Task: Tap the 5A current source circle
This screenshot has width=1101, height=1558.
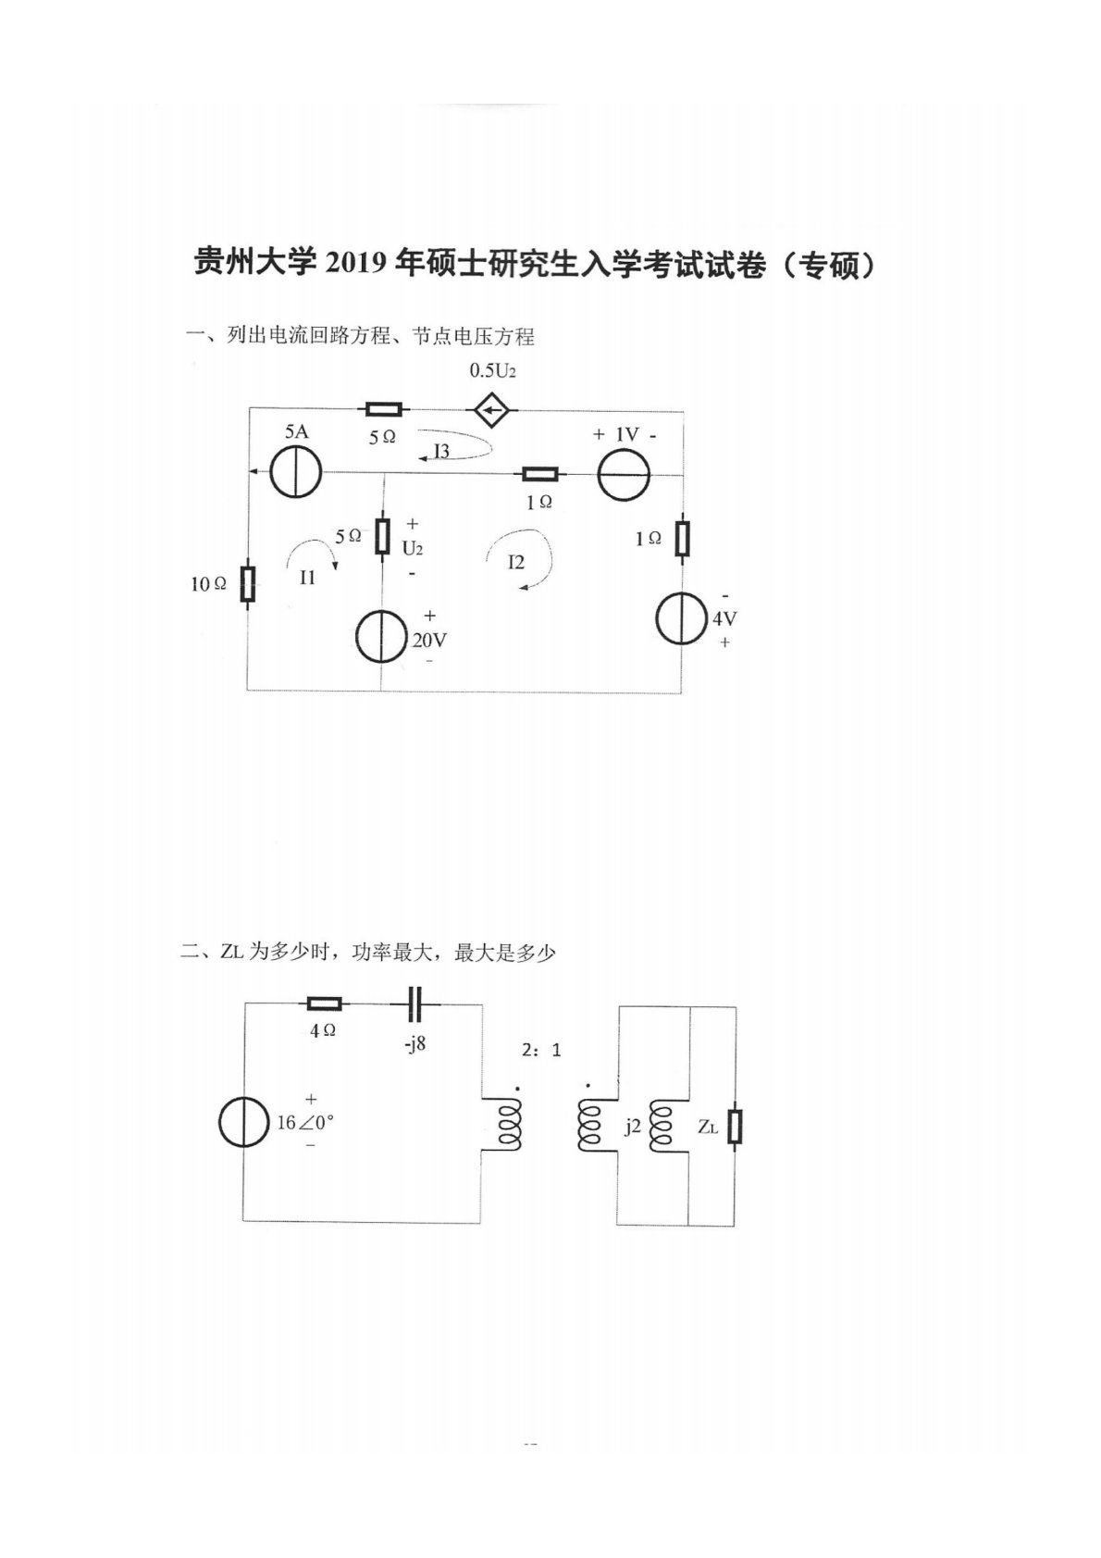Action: click(295, 472)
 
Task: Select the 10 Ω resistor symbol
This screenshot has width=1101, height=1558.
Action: click(247, 584)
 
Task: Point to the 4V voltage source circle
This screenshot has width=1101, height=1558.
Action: click(682, 618)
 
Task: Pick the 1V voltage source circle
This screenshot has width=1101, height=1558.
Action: click(624, 474)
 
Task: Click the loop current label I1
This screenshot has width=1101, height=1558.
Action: click(308, 578)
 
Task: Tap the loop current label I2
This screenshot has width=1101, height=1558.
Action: click(515, 562)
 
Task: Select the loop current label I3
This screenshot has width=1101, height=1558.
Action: click(442, 452)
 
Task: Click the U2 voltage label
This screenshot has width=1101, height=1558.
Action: click(412, 548)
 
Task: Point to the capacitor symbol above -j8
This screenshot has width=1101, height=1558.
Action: click(414, 1003)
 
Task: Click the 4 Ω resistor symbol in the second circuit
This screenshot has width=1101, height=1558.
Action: click(324, 1003)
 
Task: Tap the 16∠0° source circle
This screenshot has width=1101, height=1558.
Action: click(244, 1123)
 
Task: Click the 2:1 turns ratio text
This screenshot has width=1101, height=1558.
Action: click(541, 1051)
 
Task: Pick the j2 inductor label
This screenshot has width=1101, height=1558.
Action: click(633, 1126)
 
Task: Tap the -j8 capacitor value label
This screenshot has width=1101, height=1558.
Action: click(414, 1045)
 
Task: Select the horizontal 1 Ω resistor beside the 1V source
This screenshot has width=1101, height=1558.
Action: click(539, 474)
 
